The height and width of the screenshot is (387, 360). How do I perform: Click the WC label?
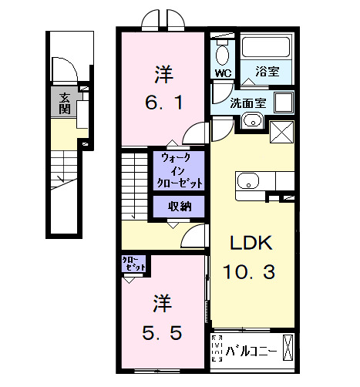[224, 74]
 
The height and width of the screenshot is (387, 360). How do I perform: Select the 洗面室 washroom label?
[248, 102]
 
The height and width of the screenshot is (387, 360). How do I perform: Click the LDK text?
[250, 244]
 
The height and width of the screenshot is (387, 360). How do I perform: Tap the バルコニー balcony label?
[251, 352]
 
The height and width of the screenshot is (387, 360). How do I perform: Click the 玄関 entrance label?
[65, 103]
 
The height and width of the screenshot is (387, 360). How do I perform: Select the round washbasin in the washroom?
[251, 120]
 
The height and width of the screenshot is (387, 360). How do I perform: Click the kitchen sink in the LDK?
[249, 181]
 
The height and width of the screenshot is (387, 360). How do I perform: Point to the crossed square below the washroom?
[281, 131]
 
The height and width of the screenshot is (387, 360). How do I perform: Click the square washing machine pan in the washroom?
[283, 103]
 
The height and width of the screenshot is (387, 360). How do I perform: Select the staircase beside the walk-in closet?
[133, 185]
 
